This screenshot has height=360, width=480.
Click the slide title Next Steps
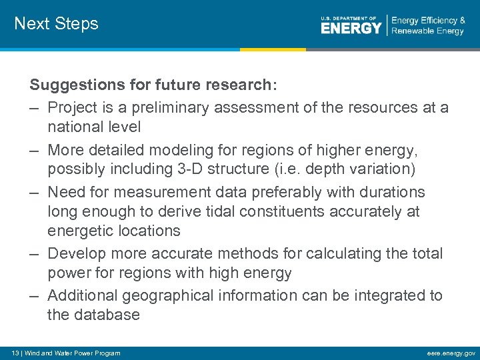coord(56,24)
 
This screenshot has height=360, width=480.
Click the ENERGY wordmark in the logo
coord(351,29)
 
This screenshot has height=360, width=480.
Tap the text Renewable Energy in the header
coord(428,31)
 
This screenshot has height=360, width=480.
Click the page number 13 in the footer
coord(15,353)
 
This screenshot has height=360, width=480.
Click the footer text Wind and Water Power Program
coord(73,353)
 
